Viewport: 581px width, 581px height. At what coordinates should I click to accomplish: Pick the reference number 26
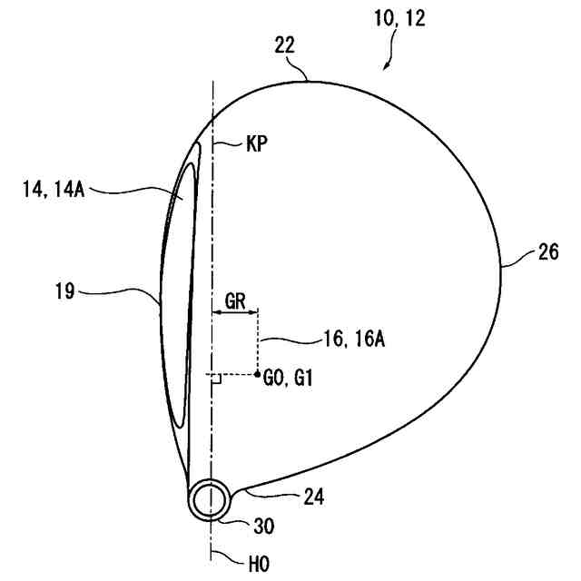[548, 253]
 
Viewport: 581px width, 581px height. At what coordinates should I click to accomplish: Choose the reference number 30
[265, 526]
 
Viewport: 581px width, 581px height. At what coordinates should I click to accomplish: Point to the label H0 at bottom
[259, 564]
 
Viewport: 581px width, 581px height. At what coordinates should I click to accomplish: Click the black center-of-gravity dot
[259, 373]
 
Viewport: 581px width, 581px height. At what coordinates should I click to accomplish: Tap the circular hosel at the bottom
[211, 498]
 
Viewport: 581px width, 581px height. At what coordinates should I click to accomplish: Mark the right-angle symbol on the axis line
[216, 379]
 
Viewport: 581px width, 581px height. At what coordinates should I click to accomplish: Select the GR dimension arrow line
[235, 314]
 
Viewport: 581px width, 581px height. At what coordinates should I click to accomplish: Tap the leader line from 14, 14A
[136, 191]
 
